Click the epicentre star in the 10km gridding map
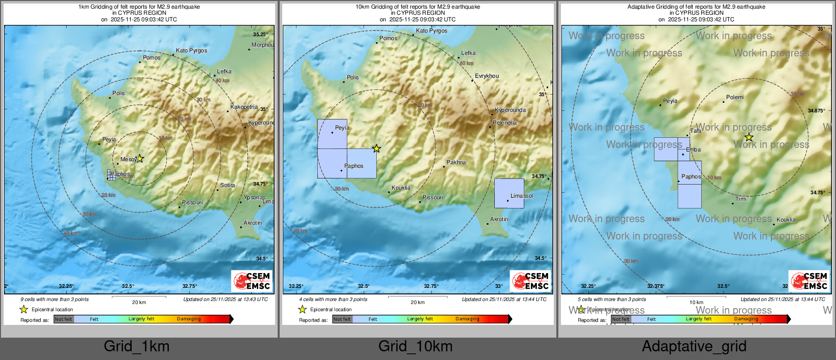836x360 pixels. pos(376,148)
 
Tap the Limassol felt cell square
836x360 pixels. pos(509,193)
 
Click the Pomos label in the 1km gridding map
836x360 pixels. pos(152,57)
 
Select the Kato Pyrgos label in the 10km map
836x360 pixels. pos(431,31)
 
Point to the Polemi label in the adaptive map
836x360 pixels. pos(735,97)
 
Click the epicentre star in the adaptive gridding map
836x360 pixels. pos(749,137)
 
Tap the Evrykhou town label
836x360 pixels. pos(487,76)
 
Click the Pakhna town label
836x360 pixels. pos(456,162)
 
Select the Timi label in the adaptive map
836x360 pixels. pos(741,199)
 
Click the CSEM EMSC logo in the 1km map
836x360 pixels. pos(252,281)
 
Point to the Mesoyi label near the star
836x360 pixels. pos(128,159)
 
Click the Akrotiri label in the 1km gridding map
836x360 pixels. pos(252,223)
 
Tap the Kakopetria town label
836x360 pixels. pos(244,107)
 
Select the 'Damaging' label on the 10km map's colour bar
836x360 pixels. pos(467,319)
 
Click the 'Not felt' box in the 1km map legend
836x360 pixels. pos(64,319)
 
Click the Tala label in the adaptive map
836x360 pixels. pos(696,131)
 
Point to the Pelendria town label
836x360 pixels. pos(504,123)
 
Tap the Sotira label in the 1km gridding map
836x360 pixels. pos(227,185)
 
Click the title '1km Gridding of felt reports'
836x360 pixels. pos(139,7)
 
